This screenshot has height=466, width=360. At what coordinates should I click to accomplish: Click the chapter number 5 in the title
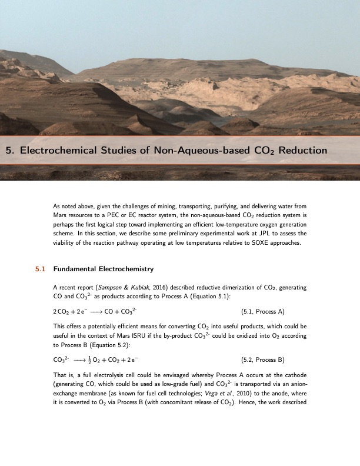pyautogui.click(x=9, y=151)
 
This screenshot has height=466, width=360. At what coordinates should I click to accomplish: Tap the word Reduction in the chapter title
pyautogui.click(x=302, y=151)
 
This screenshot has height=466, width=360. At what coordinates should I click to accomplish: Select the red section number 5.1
pyautogui.click(x=41, y=269)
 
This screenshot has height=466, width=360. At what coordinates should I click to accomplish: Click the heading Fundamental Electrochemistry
pyautogui.click(x=103, y=269)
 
